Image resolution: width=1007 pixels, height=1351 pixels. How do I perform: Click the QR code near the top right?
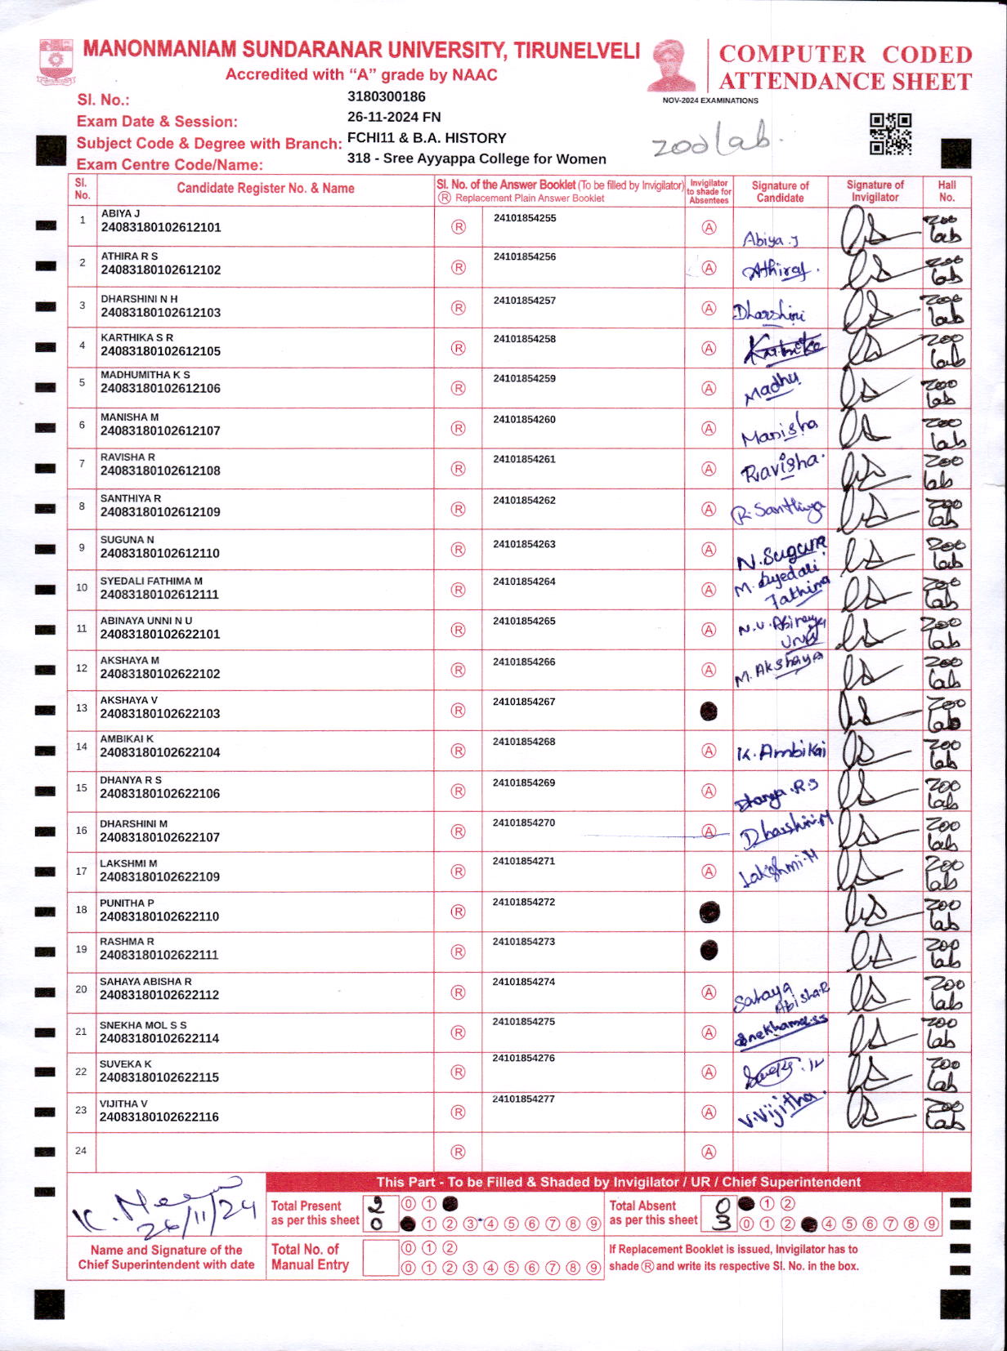click(x=890, y=134)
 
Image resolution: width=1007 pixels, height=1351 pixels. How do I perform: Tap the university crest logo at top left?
click(x=56, y=61)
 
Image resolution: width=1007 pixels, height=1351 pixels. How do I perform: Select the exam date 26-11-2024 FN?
click(x=394, y=117)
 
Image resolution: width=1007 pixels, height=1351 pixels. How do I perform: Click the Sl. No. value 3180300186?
click(x=387, y=96)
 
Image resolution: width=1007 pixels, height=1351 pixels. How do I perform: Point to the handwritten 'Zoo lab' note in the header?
click(x=711, y=145)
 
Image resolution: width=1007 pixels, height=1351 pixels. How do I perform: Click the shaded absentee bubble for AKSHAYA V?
click(x=709, y=711)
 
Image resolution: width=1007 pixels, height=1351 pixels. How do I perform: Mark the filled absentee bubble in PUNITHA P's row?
click(x=709, y=912)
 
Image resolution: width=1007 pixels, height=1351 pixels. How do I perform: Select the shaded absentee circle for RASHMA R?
click(x=709, y=951)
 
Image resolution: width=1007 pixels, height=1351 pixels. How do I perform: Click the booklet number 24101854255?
click(x=525, y=218)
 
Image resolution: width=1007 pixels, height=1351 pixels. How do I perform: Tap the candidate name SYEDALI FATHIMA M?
click(x=151, y=581)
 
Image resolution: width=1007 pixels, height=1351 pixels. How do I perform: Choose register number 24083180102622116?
click(x=159, y=1117)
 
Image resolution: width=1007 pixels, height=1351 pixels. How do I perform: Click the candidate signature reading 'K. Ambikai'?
click(x=781, y=751)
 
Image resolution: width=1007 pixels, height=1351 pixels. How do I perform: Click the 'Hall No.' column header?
click(x=947, y=190)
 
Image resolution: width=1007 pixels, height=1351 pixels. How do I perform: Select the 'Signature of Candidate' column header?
click(x=780, y=191)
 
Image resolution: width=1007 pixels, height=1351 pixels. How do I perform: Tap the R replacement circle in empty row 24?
click(x=459, y=1152)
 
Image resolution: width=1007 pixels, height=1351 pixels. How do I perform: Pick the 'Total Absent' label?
click(x=642, y=1206)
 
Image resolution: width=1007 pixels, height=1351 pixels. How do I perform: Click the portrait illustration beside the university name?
click(x=672, y=65)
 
